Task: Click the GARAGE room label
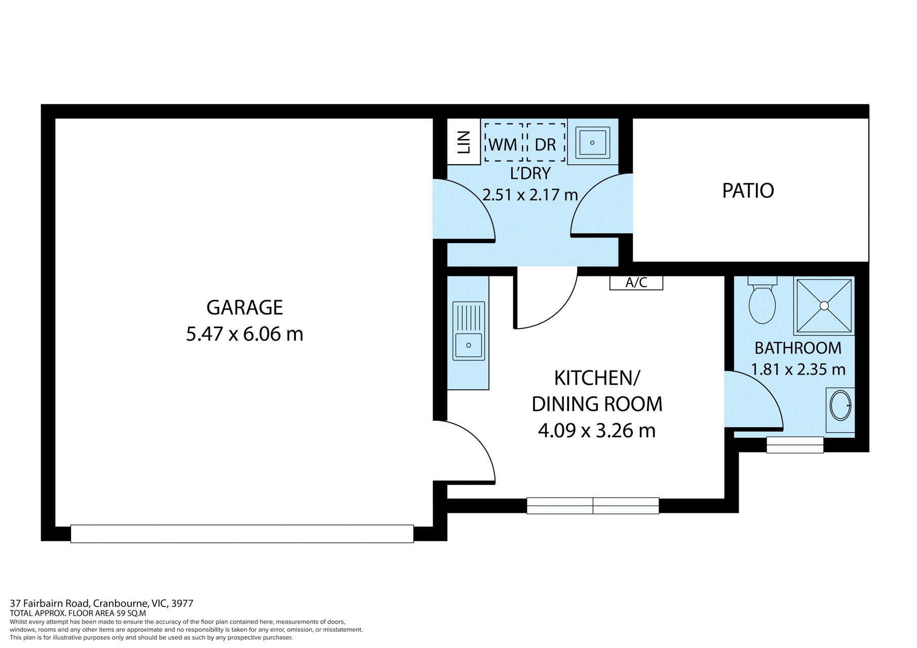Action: pyautogui.click(x=245, y=308)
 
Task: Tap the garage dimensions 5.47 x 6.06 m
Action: pyautogui.click(x=245, y=334)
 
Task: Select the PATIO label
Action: pyautogui.click(x=748, y=191)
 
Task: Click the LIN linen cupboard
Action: pyautogui.click(x=464, y=141)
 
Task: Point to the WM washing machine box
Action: pyautogui.click(x=504, y=142)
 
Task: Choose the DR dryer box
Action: pyautogui.click(x=546, y=142)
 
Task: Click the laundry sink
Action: pyautogui.click(x=592, y=143)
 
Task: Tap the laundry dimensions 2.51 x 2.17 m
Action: pyautogui.click(x=530, y=195)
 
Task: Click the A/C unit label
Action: pyautogui.click(x=636, y=283)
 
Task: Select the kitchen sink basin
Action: pyautogui.click(x=469, y=345)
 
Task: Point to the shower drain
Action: pyautogui.click(x=824, y=306)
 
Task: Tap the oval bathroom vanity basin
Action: pyautogui.click(x=841, y=406)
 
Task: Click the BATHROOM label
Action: pyautogui.click(x=798, y=348)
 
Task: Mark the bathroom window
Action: pyautogui.click(x=795, y=445)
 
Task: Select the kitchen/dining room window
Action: pyautogui.click(x=593, y=506)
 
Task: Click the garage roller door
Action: pyautogui.click(x=242, y=534)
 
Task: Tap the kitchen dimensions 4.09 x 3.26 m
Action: pyautogui.click(x=597, y=431)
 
